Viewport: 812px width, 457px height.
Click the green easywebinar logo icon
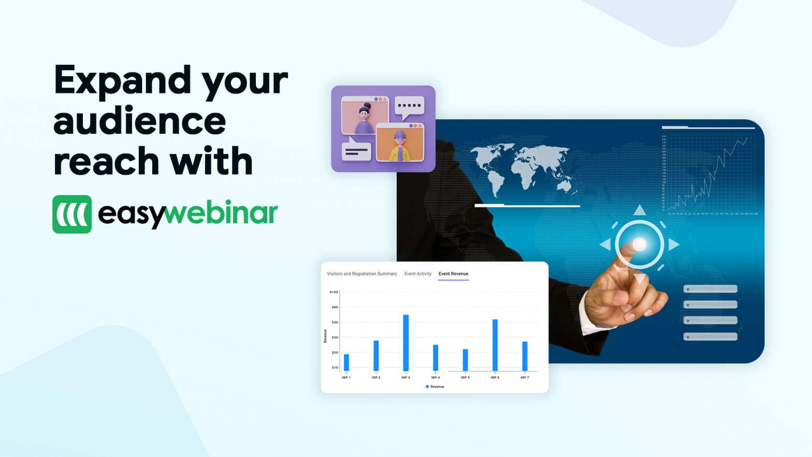tap(72, 214)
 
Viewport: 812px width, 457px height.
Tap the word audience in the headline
tap(140, 121)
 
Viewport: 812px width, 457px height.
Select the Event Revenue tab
tap(453, 274)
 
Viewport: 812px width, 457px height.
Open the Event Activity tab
tap(417, 274)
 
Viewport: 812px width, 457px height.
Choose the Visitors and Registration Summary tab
tap(361, 274)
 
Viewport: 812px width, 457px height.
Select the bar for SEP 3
tap(405, 342)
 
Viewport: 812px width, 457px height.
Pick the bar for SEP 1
tap(346, 362)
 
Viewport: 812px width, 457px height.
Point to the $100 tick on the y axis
tap(334, 292)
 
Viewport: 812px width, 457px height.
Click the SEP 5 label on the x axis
tap(465, 378)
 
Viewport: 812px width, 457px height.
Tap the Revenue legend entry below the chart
tap(435, 387)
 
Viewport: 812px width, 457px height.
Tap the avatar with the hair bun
tap(365, 118)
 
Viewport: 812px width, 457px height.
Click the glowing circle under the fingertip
tap(640, 244)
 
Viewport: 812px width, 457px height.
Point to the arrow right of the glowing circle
tap(673, 244)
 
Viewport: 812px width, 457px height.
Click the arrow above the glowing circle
tap(640, 210)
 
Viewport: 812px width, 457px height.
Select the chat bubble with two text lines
tap(356, 151)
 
